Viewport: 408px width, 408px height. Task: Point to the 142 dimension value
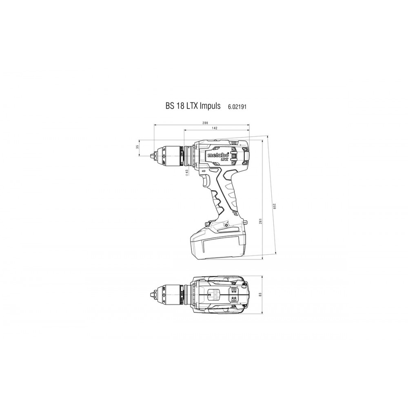coord(215,129)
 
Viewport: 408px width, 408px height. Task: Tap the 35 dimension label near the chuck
coord(138,147)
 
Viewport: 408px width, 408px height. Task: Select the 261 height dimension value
coord(260,221)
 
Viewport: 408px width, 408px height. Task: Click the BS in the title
coord(170,106)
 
